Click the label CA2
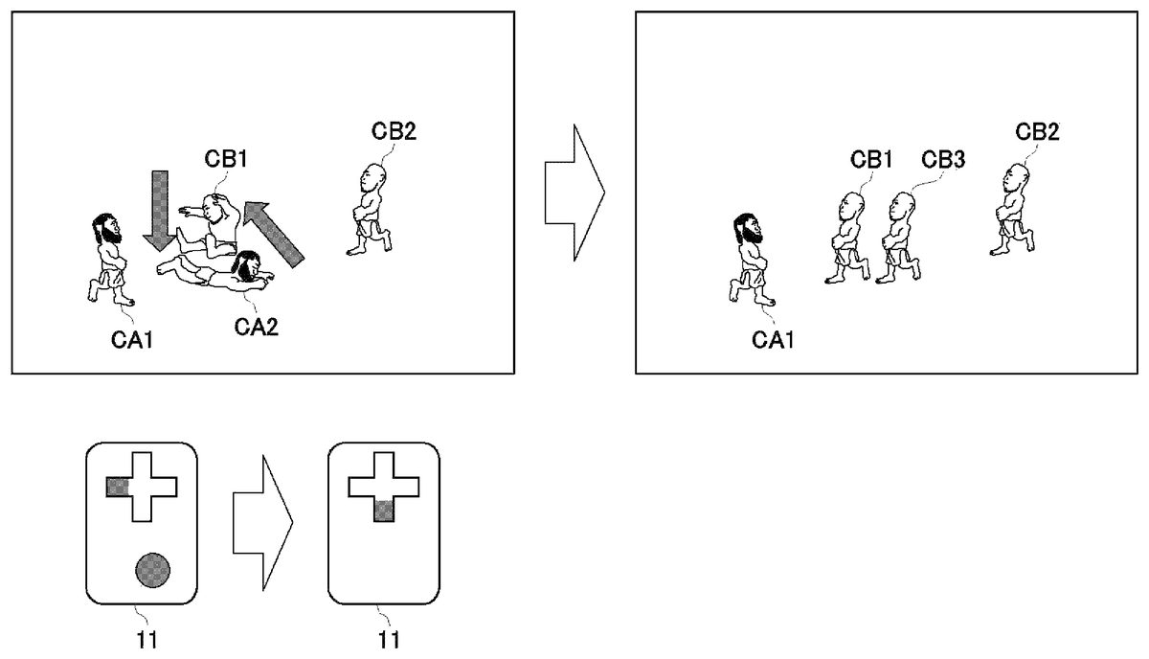tap(256, 327)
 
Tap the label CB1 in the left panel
tap(227, 158)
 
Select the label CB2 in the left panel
tap(394, 131)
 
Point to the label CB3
tap(943, 159)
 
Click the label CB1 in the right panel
tap(871, 159)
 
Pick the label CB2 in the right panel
tap(1038, 131)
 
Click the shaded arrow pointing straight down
tap(159, 209)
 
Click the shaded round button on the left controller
tap(154, 571)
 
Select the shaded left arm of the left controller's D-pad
tap(116, 487)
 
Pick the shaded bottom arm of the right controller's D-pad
tap(383, 511)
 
